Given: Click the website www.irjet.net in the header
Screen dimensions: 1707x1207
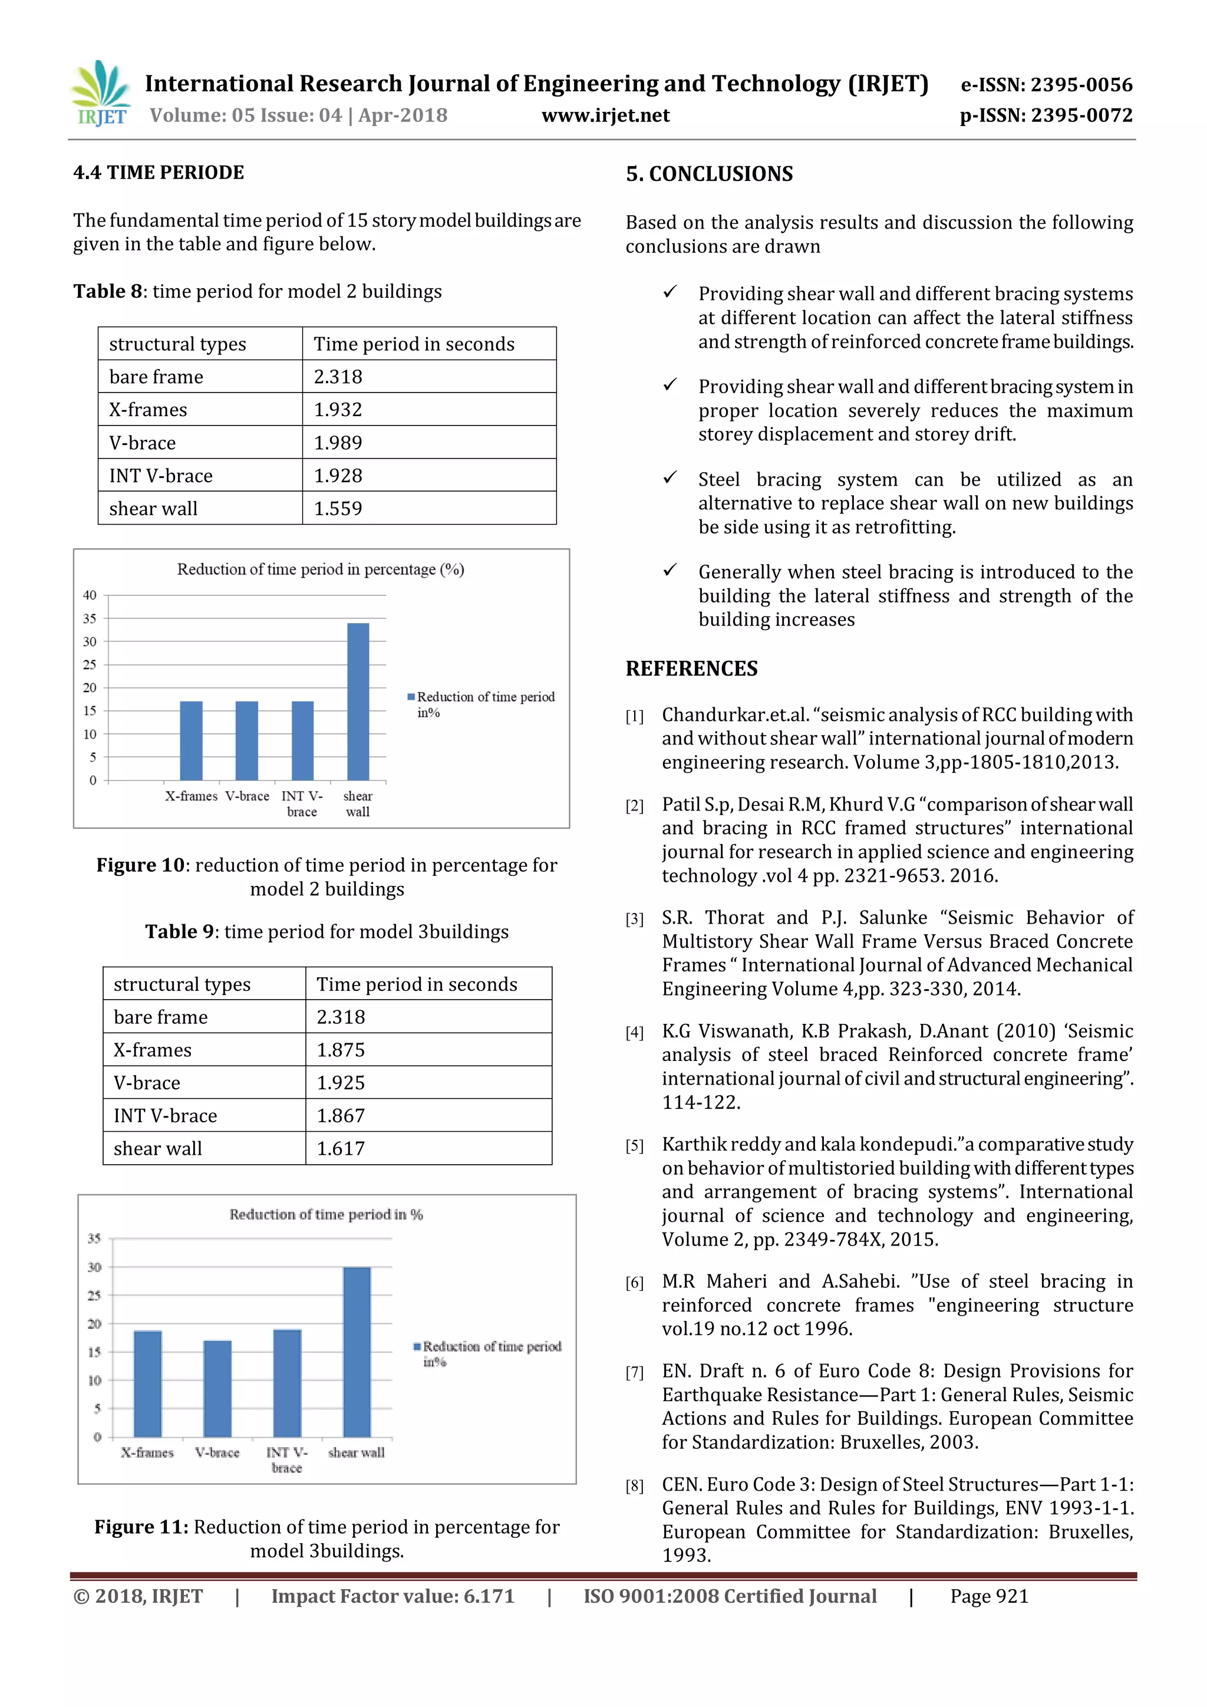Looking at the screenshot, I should click(x=605, y=116).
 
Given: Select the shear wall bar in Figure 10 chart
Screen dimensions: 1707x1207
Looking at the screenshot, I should click(x=358, y=701).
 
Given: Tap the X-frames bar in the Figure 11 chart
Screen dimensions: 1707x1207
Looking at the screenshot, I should click(x=147, y=1383).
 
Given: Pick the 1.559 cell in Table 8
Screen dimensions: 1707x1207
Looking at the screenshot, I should click(x=338, y=509).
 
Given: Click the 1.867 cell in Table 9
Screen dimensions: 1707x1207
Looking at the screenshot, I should click(x=341, y=1115).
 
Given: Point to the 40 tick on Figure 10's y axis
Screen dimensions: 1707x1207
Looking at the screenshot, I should click(x=90, y=595).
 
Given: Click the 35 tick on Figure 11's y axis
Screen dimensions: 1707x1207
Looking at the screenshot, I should click(x=94, y=1238).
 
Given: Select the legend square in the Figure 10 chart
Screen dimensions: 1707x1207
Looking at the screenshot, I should click(x=411, y=697).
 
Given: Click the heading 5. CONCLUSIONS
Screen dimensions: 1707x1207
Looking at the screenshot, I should click(x=709, y=174).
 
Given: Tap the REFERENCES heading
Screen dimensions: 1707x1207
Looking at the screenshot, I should click(x=691, y=668).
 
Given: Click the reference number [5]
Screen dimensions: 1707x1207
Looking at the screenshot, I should click(x=634, y=1146).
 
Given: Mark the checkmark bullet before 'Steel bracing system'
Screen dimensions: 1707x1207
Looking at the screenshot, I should click(x=670, y=477).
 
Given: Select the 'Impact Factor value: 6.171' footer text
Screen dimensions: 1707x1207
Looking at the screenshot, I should click(x=393, y=1596).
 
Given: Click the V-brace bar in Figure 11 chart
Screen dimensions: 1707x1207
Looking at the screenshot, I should click(x=217, y=1388).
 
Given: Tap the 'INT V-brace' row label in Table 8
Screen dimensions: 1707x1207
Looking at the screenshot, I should click(x=160, y=476).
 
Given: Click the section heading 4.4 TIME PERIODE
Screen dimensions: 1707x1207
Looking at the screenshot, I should click(x=159, y=173).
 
